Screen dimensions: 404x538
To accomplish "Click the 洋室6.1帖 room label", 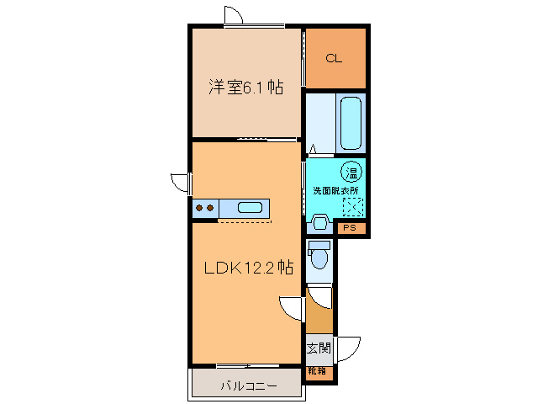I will click(245, 87).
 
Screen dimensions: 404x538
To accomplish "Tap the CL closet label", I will click(334, 58).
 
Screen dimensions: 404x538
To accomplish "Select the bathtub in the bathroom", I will click(351, 122).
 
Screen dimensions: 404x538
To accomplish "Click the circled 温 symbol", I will click(351, 171).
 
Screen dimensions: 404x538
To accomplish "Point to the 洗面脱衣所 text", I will click(335, 190).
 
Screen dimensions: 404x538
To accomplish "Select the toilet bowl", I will click(319, 256).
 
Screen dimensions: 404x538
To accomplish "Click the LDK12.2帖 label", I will click(249, 268).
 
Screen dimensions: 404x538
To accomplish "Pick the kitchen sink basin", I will click(250, 208).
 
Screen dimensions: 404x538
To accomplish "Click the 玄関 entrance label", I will click(318, 348).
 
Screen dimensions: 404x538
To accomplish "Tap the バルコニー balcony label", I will click(248, 387).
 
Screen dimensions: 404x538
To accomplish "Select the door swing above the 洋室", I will click(234, 16).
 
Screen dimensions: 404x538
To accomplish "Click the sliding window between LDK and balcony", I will click(245, 366).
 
